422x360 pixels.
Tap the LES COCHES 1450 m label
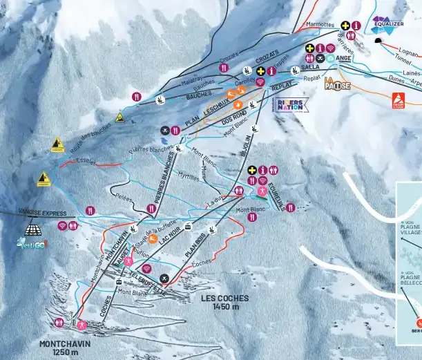(224, 302)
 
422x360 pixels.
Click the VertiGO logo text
(33, 243)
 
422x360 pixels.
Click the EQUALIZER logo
(387, 25)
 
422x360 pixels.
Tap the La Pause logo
(337, 84)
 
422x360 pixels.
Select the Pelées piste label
(125, 196)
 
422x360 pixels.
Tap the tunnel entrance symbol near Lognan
(378, 41)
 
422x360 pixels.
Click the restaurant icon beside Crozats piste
(224, 68)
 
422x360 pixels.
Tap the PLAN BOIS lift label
(196, 247)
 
